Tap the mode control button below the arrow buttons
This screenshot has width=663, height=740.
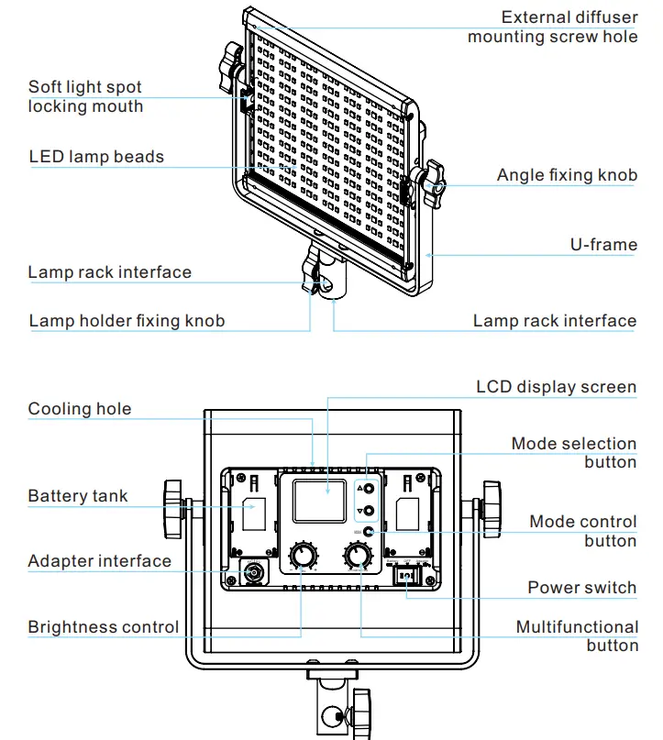pos(368,532)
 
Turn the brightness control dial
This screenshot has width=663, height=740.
pos(302,556)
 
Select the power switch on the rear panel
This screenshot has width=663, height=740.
pos(406,575)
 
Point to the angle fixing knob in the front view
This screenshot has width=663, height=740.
pos(431,182)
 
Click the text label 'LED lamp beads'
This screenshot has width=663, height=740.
pos(96,157)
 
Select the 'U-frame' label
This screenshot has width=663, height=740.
pos(603,245)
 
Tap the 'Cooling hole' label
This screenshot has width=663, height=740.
pos(80,409)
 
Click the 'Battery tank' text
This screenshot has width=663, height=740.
pos(78,496)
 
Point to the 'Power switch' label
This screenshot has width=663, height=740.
pos(581,587)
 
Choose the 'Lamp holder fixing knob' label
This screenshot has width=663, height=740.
pos(127,321)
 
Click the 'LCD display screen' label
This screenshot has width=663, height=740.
pos(556,386)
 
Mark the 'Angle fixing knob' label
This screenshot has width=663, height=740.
pos(567,175)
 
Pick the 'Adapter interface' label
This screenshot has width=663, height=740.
pos(99,561)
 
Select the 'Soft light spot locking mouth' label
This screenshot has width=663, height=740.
pos(85,96)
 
